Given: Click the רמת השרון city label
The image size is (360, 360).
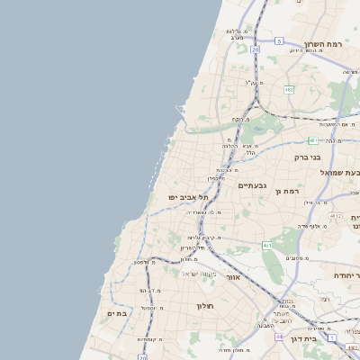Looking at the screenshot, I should (x=325, y=44).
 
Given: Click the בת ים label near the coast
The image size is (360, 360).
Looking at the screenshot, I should (x=119, y=313).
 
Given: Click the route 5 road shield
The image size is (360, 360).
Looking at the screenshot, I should (x=279, y=41).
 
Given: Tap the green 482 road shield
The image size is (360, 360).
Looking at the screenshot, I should (x=289, y=90).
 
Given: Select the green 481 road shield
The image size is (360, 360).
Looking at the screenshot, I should (x=311, y=140).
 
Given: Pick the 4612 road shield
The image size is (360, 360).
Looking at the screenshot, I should (x=336, y=216).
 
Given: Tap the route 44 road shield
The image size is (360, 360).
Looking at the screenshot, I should (x=280, y=337).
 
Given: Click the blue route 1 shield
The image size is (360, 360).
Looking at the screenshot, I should (x=332, y=338).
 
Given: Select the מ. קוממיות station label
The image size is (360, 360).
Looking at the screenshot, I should (x=148, y=339).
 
